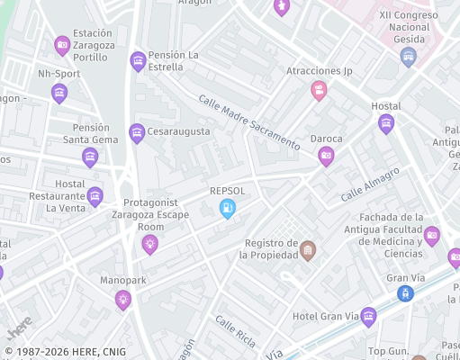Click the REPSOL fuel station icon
click(228, 209)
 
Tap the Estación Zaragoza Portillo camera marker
click(62, 44)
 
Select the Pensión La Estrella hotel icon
click(138, 60)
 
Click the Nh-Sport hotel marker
click(59, 92)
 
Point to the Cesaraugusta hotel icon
click(137, 132)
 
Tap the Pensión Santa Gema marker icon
click(90, 157)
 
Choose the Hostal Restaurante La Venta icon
click(95, 196)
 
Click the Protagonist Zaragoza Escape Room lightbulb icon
click(150, 243)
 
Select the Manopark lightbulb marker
click(123, 300)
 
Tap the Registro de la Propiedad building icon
click(308, 249)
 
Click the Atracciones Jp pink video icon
click(319, 89)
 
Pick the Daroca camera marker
click(326, 156)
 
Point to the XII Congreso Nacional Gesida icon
click(409, 57)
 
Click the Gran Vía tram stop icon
click(406, 293)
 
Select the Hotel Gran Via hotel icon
click(368, 316)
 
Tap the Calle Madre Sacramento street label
click(248, 122)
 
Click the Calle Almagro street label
click(369, 184)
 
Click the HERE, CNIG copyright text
click(65, 352)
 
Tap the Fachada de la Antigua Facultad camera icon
click(431, 236)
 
